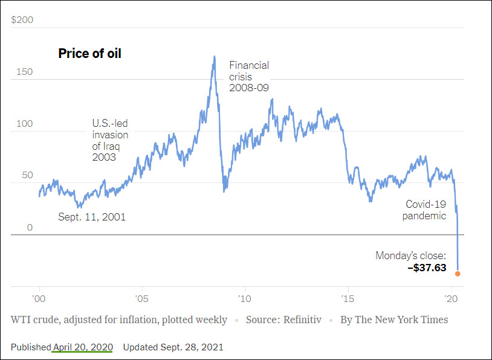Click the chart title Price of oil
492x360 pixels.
(x=89, y=54)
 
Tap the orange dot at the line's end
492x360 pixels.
(x=458, y=274)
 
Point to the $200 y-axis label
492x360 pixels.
(x=22, y=20)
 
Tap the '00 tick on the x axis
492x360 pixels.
(x=39, y=298)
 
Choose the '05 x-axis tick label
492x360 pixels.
(x=142, y=298)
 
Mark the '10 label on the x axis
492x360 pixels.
(x=245, y=298)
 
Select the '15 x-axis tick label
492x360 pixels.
(x=348, y=298)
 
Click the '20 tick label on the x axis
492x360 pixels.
(x=450, y=298)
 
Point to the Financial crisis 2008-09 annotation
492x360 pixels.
(x=249, y=76)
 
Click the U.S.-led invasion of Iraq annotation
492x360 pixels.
(x=110, y=140)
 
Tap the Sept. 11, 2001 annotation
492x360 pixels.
(x=92, y=217)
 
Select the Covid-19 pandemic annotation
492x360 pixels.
(x=426, y=210)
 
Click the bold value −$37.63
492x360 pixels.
(x=427, y=268)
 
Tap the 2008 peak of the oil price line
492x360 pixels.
(x=214, y=57)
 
